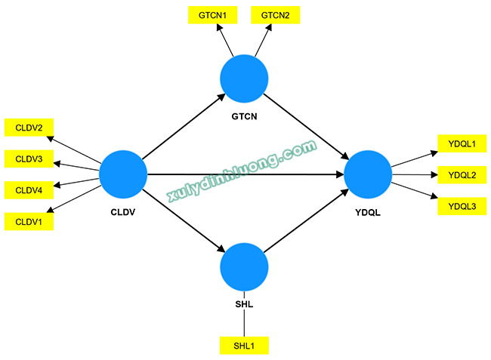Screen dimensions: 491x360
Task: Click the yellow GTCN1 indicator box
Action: tap(212, 15)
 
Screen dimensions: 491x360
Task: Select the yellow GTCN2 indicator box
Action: tap(275, 15)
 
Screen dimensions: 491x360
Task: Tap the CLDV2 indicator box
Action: tap(29, 128)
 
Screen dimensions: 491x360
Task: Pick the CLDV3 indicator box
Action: tap(29, 159)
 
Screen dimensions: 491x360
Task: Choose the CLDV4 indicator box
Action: tap(29, 190)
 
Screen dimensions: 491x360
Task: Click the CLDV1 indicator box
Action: tap(29, 221)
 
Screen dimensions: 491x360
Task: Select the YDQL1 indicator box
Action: tap(462, 143)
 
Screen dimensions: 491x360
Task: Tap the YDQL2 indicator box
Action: tap(462, 175)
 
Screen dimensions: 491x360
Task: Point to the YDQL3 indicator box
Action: tap(462, 206)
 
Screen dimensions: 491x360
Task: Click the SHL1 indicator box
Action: tap(244, 346)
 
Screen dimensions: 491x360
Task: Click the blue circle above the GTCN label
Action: tap(244, 78)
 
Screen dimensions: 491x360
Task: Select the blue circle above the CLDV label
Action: tap(123, 174)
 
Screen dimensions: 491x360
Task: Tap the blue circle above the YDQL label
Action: tap(368, 174)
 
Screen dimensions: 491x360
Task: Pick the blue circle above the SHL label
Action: tap(244, 267)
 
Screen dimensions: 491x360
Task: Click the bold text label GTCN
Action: tap(244, 116)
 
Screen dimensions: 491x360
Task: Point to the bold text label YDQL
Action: tap(368, 213)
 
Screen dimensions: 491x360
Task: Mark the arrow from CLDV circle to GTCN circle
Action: tap(184, 126)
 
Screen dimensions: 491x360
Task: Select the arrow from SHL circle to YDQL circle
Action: tap(306, 221)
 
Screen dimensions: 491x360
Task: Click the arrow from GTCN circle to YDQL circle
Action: tap(306, 127)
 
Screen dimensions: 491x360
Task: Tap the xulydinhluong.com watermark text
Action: tap(242, 171)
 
